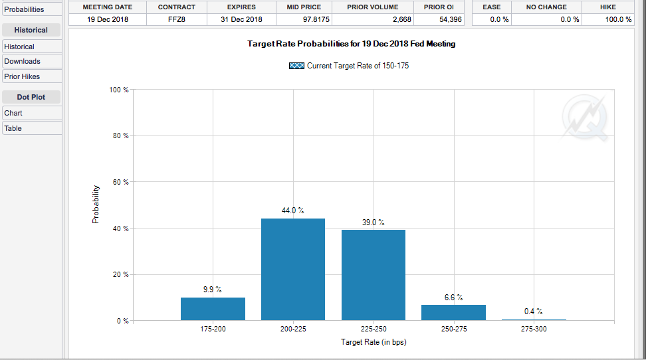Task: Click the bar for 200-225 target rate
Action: coord(293,269)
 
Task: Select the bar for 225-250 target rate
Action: coord(374,275)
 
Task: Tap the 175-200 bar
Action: coord(213,309)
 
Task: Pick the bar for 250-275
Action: coord(454,313)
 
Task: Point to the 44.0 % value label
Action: coord(293,211)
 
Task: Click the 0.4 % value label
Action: coord(534,312)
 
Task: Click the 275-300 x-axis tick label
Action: coord(534,329)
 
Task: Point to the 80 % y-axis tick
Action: coord(120,135)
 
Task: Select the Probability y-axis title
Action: coord(96,204)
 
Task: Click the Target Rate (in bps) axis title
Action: coord(374,342)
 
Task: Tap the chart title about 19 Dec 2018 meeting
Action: coord(351,44)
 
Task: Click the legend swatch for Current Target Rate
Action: coord(297,66)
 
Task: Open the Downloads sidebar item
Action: coord(23,61)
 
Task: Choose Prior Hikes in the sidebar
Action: coord(23,76)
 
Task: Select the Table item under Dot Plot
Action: coord(13,128)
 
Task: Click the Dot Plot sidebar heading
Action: coord(31,97)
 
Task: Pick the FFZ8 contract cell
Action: coord(177,19)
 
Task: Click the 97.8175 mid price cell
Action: coord(303,19)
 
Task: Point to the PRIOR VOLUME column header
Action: coord(373,7)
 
